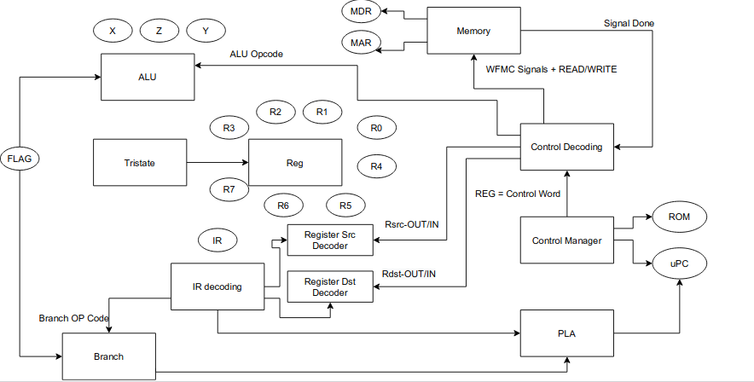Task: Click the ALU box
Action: (148, 77)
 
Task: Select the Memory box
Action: (473, 32)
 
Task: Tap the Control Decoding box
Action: (566, 147)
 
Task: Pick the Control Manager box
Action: (566, 240)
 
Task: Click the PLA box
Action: (566, 333)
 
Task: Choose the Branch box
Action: (108, 356)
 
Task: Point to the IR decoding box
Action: (217, 286)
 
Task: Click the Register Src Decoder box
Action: (330, 240)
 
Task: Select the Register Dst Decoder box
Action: (330, 286)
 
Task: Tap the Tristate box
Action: (139, 163)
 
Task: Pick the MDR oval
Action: (361, 13)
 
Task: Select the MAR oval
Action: (361, 42)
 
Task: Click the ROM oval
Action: (679, 217)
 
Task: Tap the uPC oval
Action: (679, 264)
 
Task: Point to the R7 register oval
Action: (229, 188)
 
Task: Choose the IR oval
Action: (217, 241)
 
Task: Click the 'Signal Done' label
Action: (629, 22)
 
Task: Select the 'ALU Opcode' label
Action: (256, 54)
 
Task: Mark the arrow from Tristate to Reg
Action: (217, 163)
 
